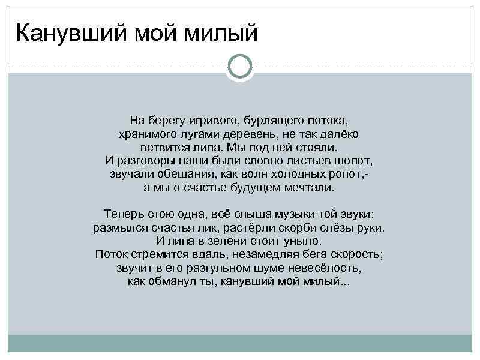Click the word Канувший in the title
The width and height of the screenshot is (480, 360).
coord(64,34)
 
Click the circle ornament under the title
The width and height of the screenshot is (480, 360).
coord(240,67)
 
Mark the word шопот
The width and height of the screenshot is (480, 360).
coord(356,161)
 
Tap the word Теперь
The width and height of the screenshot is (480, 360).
coord(121,214)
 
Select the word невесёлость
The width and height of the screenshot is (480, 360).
coord(329,268)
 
